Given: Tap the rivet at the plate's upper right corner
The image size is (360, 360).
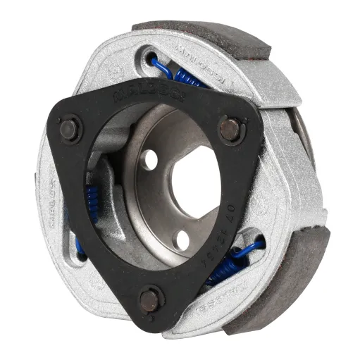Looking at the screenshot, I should click(x=230, y=129).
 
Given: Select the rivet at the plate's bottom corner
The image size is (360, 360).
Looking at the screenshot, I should click(x=150, y=300).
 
